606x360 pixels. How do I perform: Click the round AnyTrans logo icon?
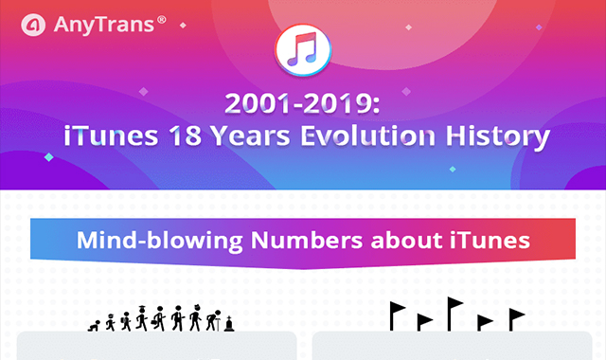click(33, 25)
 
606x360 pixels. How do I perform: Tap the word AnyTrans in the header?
click(104, 25)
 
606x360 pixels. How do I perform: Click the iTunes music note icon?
click(303, 50)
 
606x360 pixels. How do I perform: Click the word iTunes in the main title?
click(111, 135)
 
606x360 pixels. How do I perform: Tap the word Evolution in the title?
click(368, 135)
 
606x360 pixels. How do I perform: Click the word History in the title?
click(498, 136)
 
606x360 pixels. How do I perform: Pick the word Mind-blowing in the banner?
click(160, 241)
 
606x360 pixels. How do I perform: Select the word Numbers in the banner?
click(307, 240)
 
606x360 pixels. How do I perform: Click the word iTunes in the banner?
click(490, 240)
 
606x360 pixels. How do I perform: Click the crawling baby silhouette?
click(95, 326)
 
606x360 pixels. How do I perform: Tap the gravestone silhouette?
click(229, 324)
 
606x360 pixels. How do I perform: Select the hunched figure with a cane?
click(214, 320)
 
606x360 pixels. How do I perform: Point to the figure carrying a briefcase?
click(159, 318)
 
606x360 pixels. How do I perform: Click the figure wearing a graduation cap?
click(142, 318)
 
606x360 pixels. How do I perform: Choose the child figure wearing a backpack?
click(126, 322)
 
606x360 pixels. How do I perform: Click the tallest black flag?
click(454, 314)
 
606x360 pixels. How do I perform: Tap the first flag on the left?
click(397, 316)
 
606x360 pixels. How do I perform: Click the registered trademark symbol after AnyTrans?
click(162, 19)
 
